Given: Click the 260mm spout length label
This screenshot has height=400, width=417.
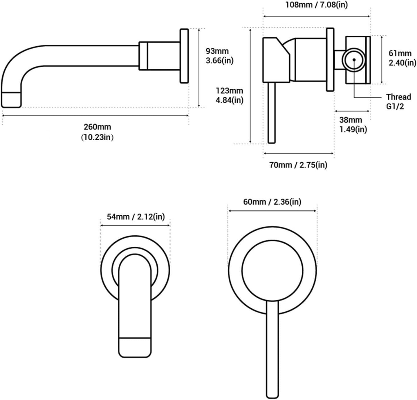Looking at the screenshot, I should pyautogui.click(x=97, y=127).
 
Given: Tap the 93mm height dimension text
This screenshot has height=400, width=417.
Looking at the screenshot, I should pyautogui.click(x=217, y=51).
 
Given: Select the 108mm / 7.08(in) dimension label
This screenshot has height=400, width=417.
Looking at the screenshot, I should pyautogui.click(x=316, y=5).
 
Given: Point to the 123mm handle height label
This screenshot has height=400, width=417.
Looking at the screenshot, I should pyautogui.click(x=229, y=91).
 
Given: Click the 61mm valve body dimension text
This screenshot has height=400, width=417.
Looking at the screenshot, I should pyautogui.click(x=400, y=53).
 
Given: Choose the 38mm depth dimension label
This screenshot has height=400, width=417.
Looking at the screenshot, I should pyautogui.click(x=351, y=120).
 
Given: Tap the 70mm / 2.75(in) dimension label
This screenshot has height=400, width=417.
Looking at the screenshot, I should pyautogui.click(x=298, y=165).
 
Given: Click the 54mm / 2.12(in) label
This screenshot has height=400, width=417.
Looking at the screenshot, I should pyautogui.click(x=136, y=217).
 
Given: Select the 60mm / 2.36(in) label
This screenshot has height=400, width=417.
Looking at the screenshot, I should pyautogui.click(x=272, y=202).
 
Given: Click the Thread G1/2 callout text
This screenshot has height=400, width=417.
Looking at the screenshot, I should pyautogui.click(x=398, y=101).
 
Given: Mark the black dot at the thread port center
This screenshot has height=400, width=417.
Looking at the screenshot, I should pyautogui.click(x=354, y=59).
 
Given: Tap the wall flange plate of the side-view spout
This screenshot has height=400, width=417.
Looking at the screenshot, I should pyautogui.click(x=184, y=56).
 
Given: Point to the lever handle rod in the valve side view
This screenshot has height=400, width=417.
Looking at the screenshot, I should pyautogui.click(x=272, y=113).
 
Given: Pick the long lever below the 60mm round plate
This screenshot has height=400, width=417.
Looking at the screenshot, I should pyautogui.click(x=272, y=348).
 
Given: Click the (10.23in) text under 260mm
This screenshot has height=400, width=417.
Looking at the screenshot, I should pyautogui.click(x=97, y=137).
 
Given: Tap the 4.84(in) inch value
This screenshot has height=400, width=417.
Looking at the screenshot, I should pyautogui.click(x=229, y=100).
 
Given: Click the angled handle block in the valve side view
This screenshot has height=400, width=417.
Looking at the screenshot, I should pyautogui.click(x=276, y=60).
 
